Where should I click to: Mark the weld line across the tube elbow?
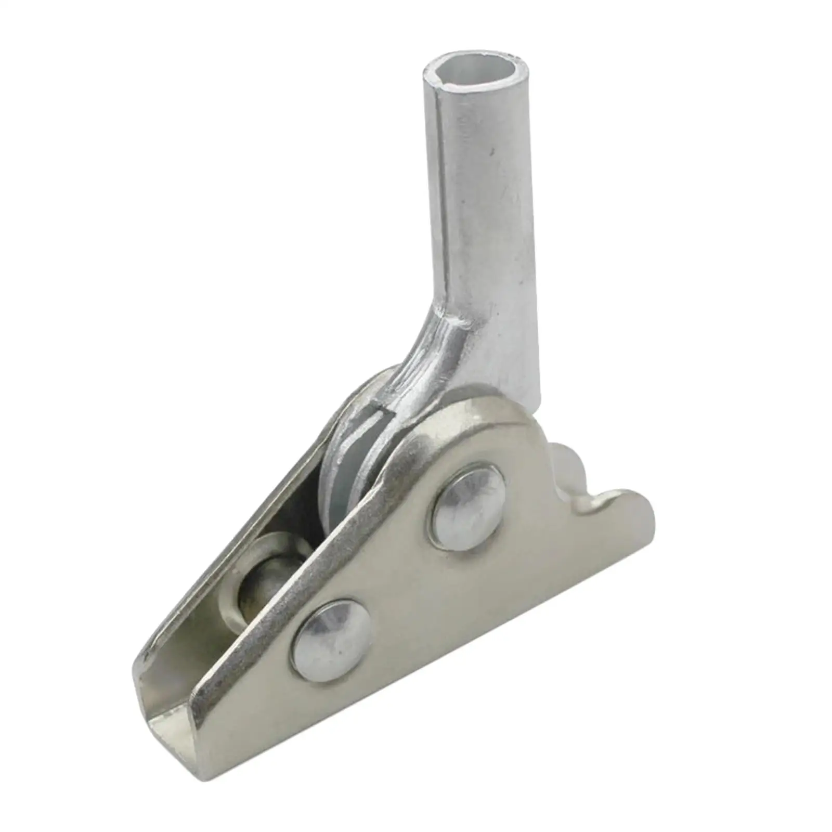click(447, 320)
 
